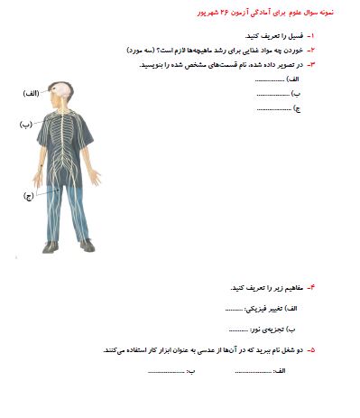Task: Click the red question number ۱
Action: [x=310, y=35]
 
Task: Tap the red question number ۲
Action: [x=310, y=50]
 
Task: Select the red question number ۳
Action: [x=310, y=64]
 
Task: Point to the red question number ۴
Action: [x=310, y=288]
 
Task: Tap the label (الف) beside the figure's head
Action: [x=30, y=94]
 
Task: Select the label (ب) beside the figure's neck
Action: [x=24, y=124]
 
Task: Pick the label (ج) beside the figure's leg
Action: [x=28, y=195]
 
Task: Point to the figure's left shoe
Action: [x=87, y=244]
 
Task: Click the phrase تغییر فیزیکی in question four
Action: [x=270, y=309]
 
